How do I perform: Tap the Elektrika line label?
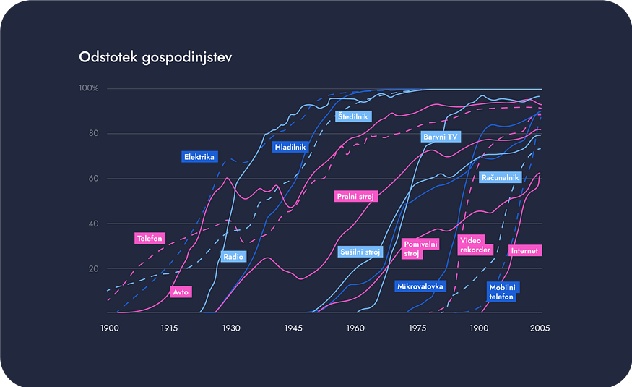[200, 156]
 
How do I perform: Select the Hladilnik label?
[290, 148]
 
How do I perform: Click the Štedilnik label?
[353, 116]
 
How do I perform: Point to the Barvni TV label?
[441, 136]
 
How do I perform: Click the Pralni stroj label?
[356, 196]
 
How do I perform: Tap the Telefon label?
[150, 238]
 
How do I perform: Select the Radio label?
[233, 256]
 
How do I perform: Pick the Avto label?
[180, 292]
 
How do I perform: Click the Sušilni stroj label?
[360, 252]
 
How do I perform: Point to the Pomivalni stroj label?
[421, 249]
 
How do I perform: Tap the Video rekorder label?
[475, 244]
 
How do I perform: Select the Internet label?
[524, 250]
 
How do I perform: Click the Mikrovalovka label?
[420, 286]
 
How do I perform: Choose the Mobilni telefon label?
[503, 292]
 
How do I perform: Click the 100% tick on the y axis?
[88, 88]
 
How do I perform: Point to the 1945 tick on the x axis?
[293, 328]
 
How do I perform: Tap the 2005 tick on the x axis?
[540, 328]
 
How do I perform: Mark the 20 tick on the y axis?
[93, 268]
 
